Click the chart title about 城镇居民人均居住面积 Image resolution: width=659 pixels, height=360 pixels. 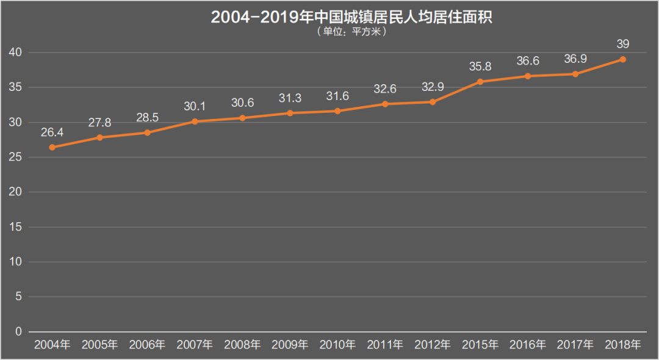tap(351, 17)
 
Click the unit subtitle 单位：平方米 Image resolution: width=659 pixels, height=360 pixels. tap(351, 32)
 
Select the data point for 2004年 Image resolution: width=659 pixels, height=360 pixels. tap(52, 147)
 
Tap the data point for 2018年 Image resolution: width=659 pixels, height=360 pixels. tap(622, 59)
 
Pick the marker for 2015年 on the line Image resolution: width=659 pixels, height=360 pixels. tap(480, 82)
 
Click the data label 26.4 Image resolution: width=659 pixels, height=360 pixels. tap(52, 132)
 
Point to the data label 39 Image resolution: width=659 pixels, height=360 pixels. tap(622, 44)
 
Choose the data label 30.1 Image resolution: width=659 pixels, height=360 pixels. tap(195, 106)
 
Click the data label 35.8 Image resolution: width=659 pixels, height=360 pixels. tap(480, 67)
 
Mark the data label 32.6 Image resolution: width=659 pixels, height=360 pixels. tap(385, 89)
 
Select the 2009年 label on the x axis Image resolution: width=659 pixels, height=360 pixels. tap(290, 345)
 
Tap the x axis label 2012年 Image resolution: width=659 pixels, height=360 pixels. tap(433, 345)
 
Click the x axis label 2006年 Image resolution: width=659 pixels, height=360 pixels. tap(148, 345)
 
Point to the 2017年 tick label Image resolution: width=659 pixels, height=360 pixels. tap(575, 345)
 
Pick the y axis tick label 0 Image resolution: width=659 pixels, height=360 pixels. tap(18, 332)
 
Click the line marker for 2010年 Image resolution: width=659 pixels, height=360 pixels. tap(337, 111)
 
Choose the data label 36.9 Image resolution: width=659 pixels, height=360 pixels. tap(575, 59)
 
